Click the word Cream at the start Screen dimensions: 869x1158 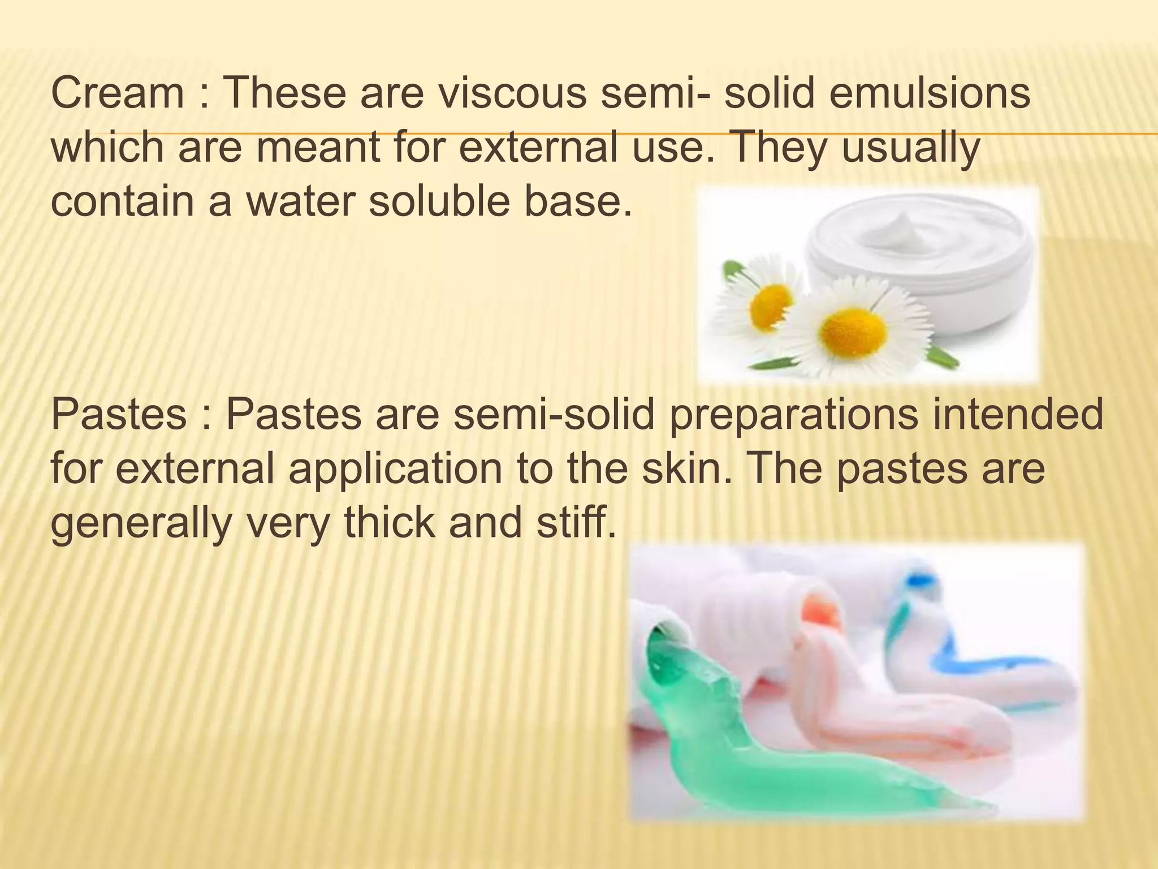117,93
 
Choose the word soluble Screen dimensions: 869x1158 440,201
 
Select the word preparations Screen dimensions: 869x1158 793,415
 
